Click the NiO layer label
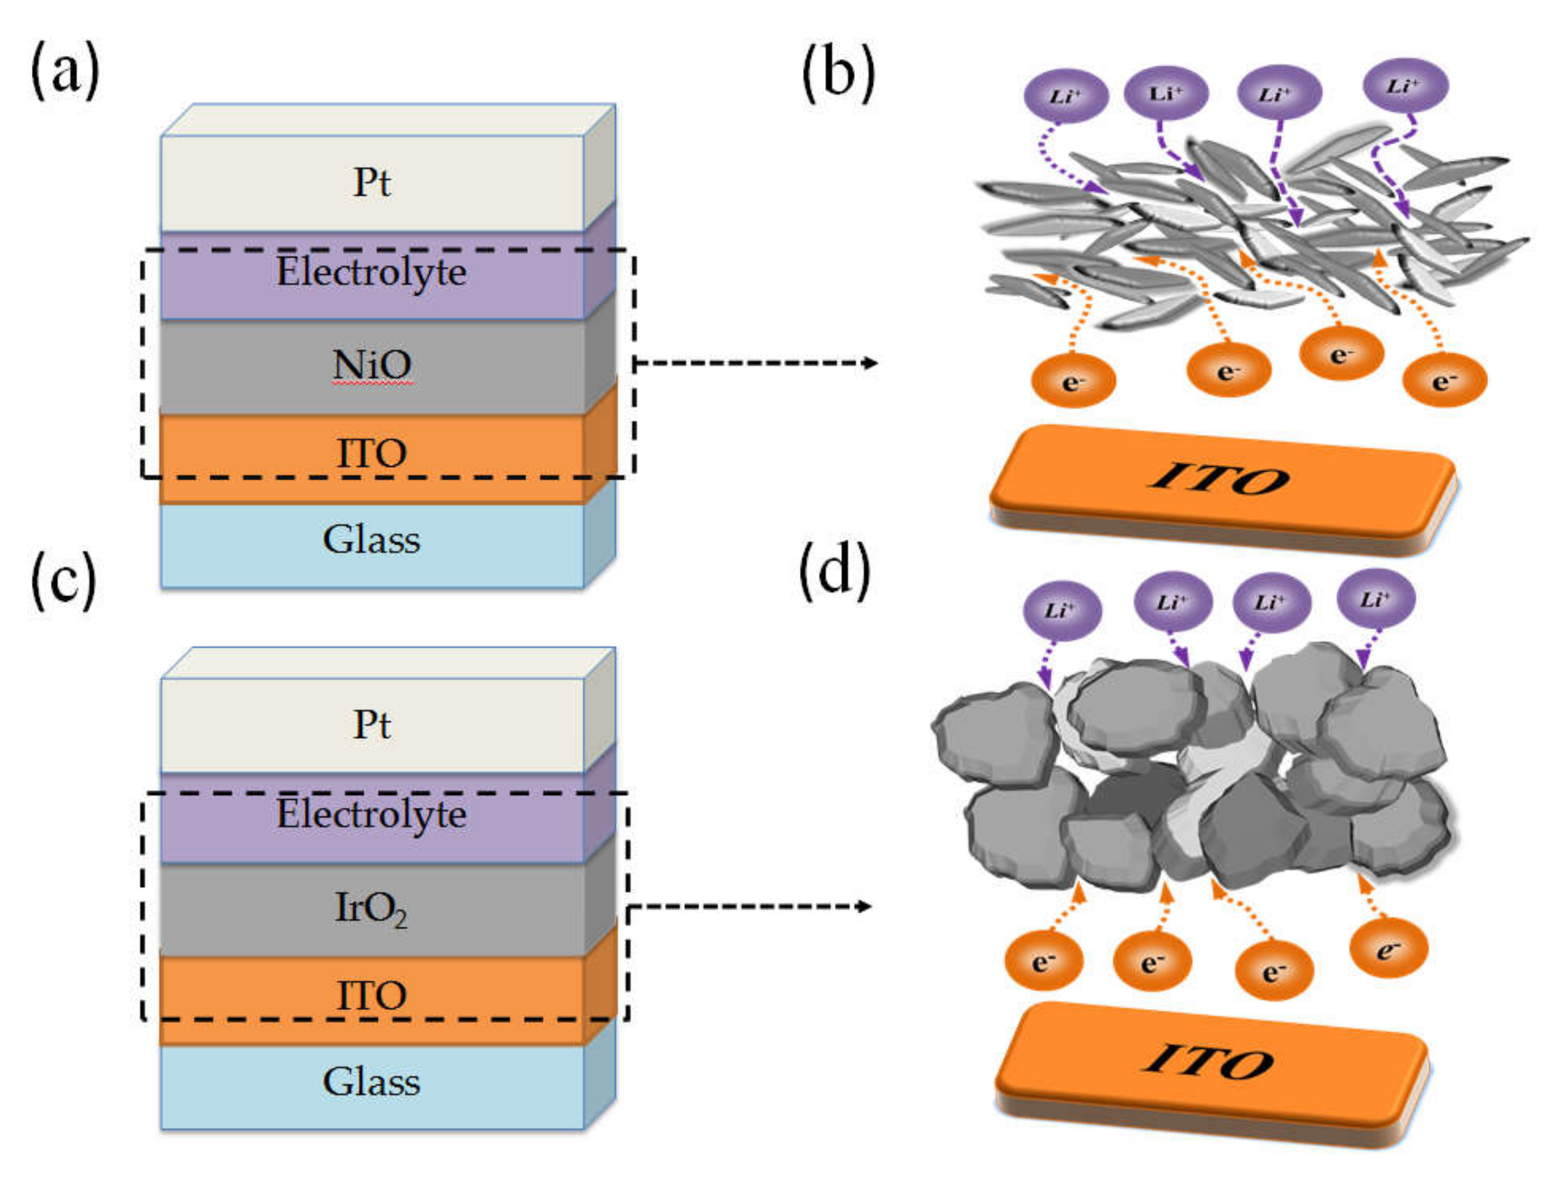pos(372,365)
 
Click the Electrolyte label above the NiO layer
pos(371,272)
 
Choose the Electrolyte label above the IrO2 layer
pos(371,814)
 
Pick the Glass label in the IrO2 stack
pos(371,1082)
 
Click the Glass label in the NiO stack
pos(371,540)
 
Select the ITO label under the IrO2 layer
pos(372,995)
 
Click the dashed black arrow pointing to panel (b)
pos(755,363)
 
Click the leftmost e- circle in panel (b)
pos(1074,381)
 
